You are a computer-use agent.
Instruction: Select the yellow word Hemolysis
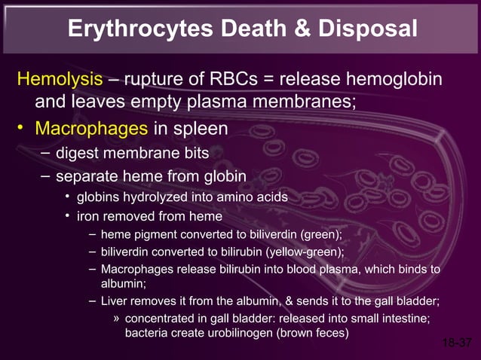60,79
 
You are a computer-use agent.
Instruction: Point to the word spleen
200,129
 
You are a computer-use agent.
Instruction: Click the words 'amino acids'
252,198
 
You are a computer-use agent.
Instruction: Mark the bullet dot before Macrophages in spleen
23,129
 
